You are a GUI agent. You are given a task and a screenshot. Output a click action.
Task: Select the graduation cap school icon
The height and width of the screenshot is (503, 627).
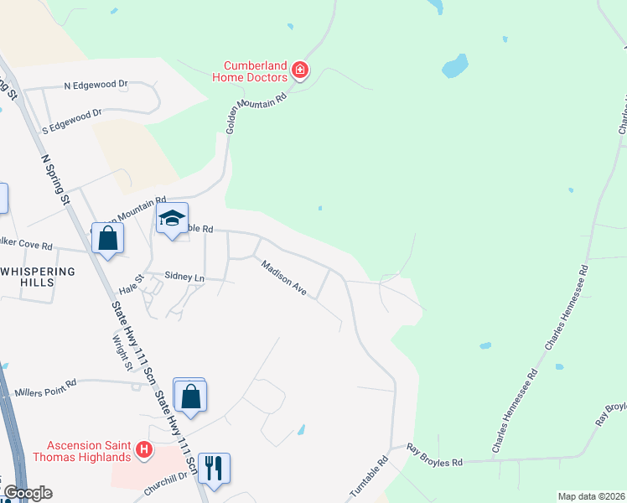coord(172,219)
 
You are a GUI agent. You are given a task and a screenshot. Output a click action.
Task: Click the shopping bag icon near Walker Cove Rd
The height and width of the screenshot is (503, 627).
coord(108,238)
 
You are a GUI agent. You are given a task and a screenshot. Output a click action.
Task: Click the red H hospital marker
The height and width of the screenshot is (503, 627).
coord(144,451)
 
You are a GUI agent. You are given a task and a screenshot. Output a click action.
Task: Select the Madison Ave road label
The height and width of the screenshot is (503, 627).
coord(284,278)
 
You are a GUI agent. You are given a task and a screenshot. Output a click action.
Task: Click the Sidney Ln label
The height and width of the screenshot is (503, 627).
coord(184,276)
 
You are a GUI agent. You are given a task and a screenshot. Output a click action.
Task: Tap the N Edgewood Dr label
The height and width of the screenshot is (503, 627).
coord(96,85)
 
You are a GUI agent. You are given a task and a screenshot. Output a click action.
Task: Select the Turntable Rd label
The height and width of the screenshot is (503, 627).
coord(370,474)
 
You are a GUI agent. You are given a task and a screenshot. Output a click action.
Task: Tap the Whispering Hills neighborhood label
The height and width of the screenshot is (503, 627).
coord(39,277)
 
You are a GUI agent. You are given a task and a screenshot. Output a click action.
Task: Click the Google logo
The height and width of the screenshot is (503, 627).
coord(28,493)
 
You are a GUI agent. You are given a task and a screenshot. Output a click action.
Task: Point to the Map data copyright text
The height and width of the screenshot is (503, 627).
coord(591,496)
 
